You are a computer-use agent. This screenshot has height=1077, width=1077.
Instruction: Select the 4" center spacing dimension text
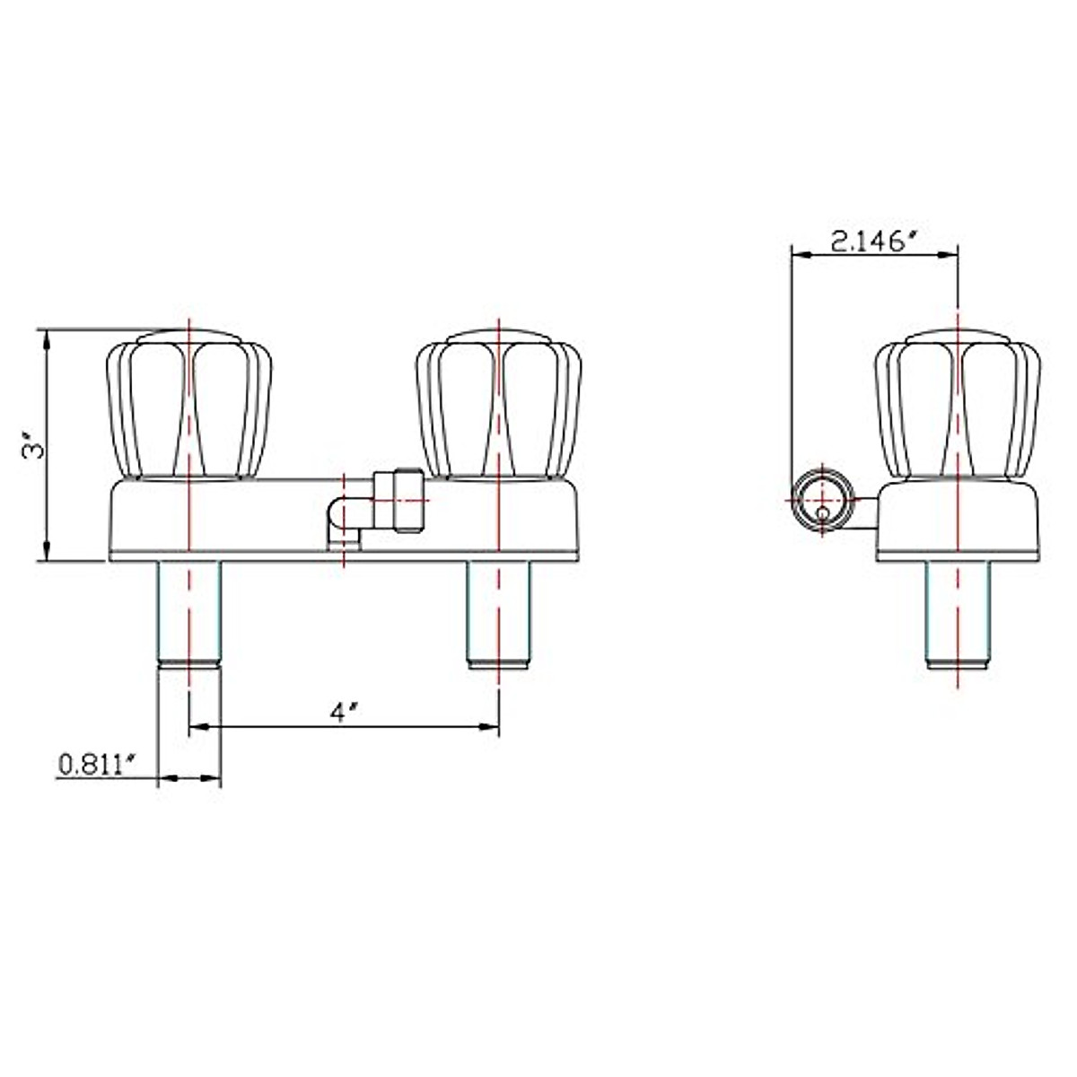344,713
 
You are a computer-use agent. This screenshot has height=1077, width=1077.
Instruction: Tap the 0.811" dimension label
96,765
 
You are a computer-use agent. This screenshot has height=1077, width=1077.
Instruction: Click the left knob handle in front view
189,404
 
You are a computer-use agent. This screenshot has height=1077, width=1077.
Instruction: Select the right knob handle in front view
499,404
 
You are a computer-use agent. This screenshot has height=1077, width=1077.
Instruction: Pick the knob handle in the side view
958,404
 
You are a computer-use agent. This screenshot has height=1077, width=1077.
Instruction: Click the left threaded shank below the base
189,610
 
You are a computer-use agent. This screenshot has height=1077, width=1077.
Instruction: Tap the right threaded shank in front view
499,610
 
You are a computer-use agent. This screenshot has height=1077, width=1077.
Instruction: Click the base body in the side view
958,521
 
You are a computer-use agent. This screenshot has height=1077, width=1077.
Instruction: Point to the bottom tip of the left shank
189,664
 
